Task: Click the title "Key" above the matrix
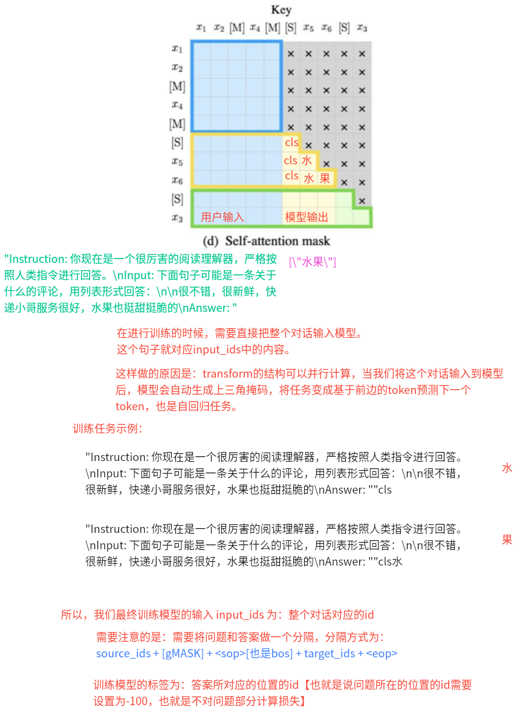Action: pos(281,10)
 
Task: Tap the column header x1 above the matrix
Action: pos(201,28)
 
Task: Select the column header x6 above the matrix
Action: pos(327,28)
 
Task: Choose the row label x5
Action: pos(177,161)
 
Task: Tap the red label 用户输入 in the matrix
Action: pos(223,217)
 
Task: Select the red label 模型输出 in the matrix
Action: pos(306,217)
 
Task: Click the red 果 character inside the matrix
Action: pos(325,178)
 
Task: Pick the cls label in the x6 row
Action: pos(291,176)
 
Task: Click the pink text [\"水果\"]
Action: pos(313,262)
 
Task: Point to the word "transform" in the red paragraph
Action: pos(226,374)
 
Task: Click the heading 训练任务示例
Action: pos(108,429)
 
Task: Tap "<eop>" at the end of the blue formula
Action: pos(382,653)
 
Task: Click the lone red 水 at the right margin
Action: pos(507,468)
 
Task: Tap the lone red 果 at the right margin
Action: pos(507,540)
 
